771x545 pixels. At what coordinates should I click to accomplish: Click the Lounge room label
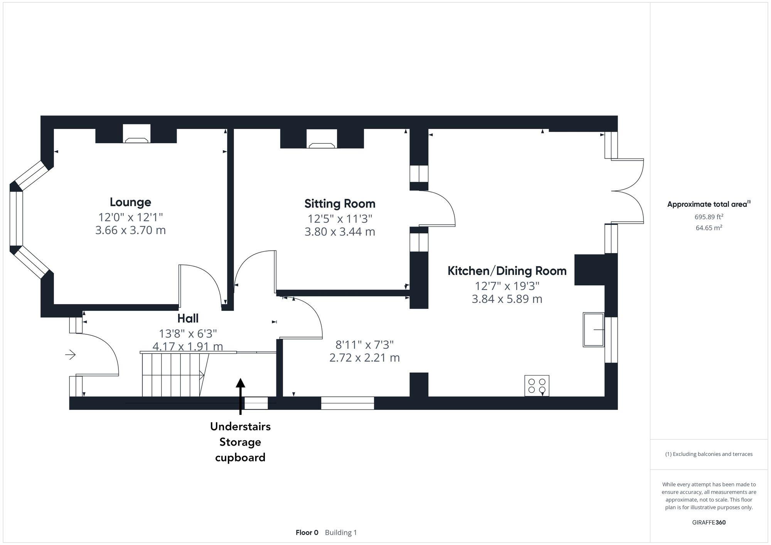point(130,202)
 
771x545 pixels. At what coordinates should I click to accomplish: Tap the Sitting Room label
point(340,203)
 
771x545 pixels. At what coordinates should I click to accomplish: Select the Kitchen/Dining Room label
point(507,271)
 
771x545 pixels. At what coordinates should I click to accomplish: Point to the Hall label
point(188,318)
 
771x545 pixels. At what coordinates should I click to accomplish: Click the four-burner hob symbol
point(537,386)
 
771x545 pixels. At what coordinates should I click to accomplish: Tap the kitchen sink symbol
point(593,330)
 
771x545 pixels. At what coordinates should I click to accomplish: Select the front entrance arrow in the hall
point(70,354)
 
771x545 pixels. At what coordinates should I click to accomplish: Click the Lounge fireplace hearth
point(136,140)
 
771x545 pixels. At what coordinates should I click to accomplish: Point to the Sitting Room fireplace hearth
point(322,145)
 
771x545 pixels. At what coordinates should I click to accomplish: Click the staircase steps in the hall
point(172,375)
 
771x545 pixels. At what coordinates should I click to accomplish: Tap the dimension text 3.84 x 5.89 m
point(507,299)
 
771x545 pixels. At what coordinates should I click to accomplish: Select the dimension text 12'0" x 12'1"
point(130,217)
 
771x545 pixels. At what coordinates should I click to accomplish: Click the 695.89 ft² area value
point(709,217)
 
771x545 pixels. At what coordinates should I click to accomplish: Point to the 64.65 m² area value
point(709,228)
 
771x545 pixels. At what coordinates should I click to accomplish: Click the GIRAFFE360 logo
point(709,522)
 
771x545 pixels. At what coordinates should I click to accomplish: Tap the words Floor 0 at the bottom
point(307,532)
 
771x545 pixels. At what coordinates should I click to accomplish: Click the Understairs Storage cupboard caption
point(240,442)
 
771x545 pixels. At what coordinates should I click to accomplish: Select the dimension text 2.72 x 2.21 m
point(364,357)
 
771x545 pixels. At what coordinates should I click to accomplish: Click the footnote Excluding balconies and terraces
point(709,454)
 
